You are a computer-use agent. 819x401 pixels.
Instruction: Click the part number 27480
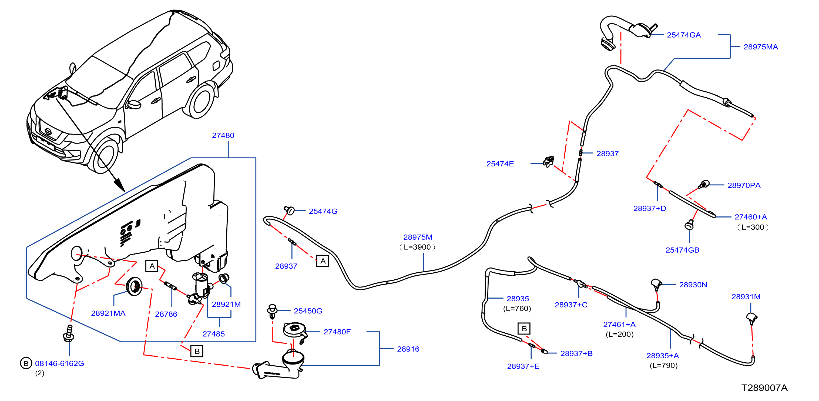223,135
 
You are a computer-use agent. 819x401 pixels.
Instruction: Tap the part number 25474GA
684,35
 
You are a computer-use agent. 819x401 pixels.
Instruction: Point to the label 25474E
500,164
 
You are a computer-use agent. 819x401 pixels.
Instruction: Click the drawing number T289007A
764,388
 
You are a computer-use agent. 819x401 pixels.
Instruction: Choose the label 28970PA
744,185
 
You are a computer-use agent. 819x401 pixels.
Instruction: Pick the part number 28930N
693,285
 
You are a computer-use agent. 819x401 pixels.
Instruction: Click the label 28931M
746,297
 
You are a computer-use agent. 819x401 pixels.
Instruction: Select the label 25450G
308,311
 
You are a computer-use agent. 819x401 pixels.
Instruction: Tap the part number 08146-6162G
59,363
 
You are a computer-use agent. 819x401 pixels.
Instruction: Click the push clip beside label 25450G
272,311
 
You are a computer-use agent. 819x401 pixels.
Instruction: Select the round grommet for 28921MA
134,286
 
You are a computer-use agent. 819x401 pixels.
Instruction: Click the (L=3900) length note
417,247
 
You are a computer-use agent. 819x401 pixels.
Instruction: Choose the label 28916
408,349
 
